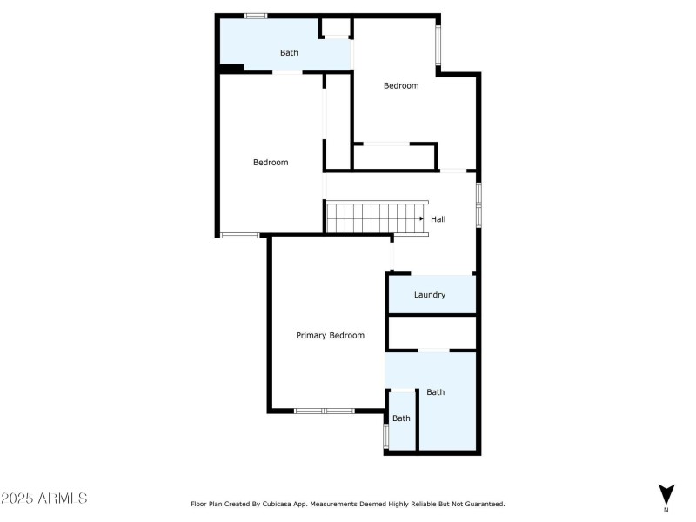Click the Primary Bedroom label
[x=330, y=335]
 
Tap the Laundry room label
[x=430, y=295]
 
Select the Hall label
[x=438, y=219]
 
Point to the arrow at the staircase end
[x=422, y=218]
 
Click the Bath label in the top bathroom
[x=289, y=53]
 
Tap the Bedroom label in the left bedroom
[x=271, y=163]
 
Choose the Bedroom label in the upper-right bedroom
[x=401, y=85]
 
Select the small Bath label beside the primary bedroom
[x=401, y=418]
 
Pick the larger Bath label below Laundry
[x=436, y=392]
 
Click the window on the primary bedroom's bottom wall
[x=323, y=411]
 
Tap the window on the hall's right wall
[x=478, y=204]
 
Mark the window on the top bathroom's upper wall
[x=255, y=15]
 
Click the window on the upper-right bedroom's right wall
[x=438, y=43]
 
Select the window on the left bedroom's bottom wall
[x=239, y=235]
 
